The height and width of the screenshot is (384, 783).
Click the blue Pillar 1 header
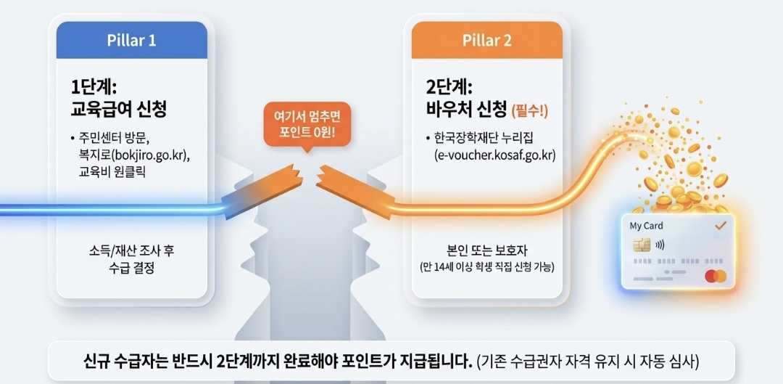click(131, 40)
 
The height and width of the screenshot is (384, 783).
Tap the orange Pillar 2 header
click(486, 40)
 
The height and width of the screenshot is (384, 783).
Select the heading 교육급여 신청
click(118, 110)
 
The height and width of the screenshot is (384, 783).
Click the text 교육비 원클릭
click(112, 172)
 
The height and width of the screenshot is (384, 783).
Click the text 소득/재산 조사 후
click(132, 250)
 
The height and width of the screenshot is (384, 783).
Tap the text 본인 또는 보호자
click(487, 250)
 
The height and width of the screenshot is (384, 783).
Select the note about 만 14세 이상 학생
click(487, 267)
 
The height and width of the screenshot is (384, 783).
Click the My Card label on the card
click(646, 226)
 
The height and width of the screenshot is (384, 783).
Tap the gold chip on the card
click(641, 245)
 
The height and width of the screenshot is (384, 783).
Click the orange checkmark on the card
click(720, 226)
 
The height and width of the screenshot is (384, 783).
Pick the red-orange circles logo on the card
click(715, 277)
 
